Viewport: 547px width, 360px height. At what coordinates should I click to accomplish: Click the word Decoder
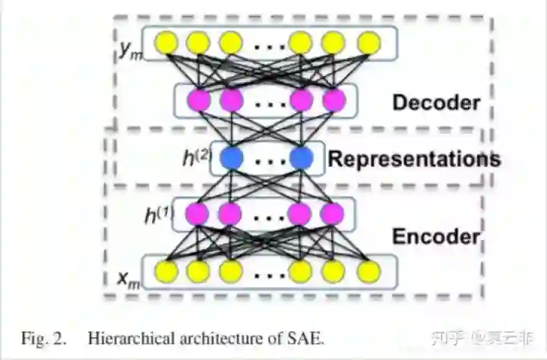coord(436,103)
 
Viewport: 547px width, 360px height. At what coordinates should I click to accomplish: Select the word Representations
coord(414,159)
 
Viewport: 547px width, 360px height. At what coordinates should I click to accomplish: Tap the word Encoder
coord(436,237)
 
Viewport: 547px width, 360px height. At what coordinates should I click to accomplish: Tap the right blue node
coord(301,158)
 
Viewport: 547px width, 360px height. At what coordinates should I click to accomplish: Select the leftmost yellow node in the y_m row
coord(166,43)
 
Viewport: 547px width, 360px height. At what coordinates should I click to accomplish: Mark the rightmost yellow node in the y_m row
coord(368,43)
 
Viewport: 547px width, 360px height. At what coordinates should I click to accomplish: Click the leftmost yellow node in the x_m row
coord(166,270)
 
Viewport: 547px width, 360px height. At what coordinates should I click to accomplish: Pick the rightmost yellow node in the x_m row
coord(368,270)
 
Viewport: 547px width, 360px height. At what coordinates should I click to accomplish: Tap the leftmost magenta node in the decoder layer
coord(199,99)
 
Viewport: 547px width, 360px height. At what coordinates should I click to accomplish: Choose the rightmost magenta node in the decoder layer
coord(333,99)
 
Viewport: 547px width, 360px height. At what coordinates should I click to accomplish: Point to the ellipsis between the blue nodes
coord(266,159)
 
